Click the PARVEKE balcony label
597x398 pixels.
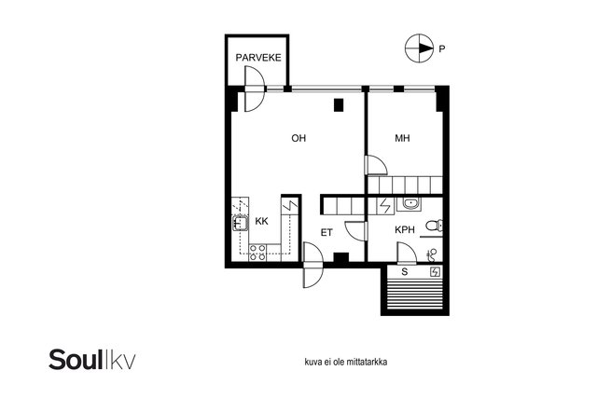click(258, 58)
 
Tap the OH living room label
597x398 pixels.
click(298, 138)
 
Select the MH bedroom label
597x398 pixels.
click(402, 138)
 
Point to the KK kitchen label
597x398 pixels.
click(261, 221)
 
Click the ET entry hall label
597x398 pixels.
click(326, 232)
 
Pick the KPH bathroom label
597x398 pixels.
click(405, 230)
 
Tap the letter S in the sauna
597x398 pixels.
click(405, 271)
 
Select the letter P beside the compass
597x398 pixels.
click(442, 48)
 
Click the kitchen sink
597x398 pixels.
click(241, 224)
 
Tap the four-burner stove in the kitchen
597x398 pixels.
click(257, 253)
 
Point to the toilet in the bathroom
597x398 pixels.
click(434, 226)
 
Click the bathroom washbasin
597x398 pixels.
click(410, 204)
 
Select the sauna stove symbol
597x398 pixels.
click(435, 271)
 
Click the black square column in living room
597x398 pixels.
click(339, 105)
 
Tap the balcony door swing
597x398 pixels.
click(254, 89)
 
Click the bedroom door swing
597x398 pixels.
click(376, 165)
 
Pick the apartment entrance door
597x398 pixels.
click(313, 266)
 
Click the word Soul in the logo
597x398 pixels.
click(76, 359)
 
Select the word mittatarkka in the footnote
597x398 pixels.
click(367, 362)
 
